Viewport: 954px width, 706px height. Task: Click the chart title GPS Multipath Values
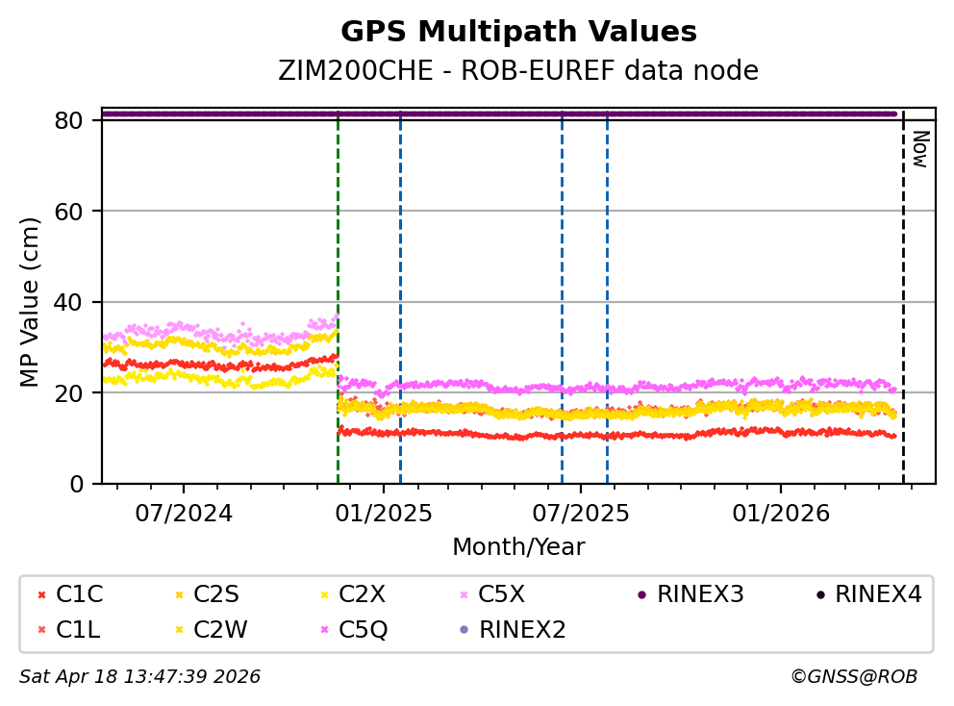coord(518,32)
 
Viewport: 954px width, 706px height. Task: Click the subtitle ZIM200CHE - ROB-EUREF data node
coord(518,71)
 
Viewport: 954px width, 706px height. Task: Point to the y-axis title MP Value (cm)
coord(31,302)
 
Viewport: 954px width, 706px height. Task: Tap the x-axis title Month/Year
coord(518,547)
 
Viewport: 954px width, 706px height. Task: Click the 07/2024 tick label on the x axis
coord(184,513)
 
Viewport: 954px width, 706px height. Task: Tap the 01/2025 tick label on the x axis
coord(383,513)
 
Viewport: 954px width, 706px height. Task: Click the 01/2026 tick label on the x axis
coord(779,513)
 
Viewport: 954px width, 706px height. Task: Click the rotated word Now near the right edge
coord(919,149)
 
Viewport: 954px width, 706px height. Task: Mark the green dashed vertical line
coord(338,289)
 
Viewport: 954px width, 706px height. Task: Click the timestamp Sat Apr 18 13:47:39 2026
coord(139,677)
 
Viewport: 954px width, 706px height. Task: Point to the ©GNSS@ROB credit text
coord(853,677)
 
